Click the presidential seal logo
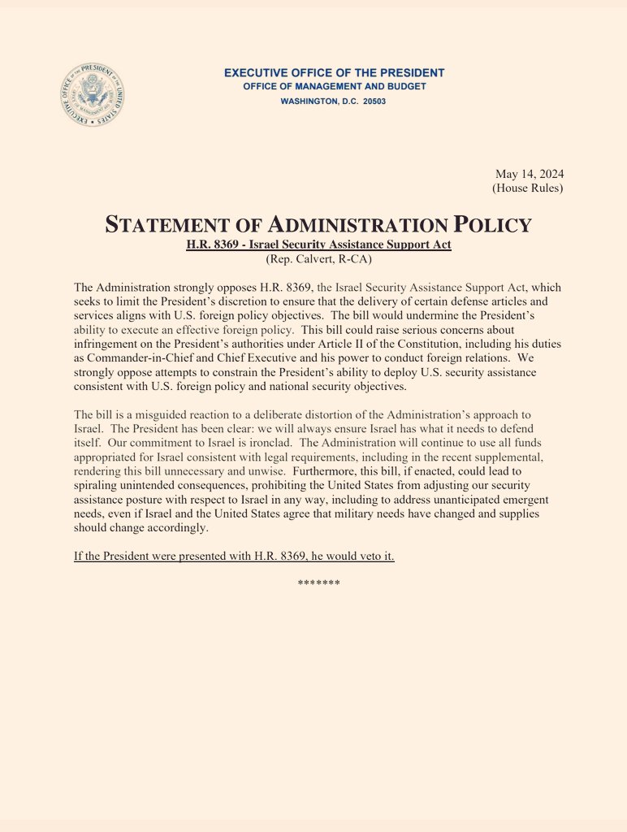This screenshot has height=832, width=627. click(93, 97)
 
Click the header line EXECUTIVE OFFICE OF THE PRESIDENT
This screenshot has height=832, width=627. click(334, 73)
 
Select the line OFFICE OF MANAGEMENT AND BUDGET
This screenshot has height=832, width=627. click(334, 87)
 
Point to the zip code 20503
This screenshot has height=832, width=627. click(371, 102)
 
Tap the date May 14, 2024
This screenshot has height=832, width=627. click(530, 174)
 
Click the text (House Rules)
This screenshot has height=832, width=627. click(527, 188)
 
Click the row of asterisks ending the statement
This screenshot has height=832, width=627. click(318, 583)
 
